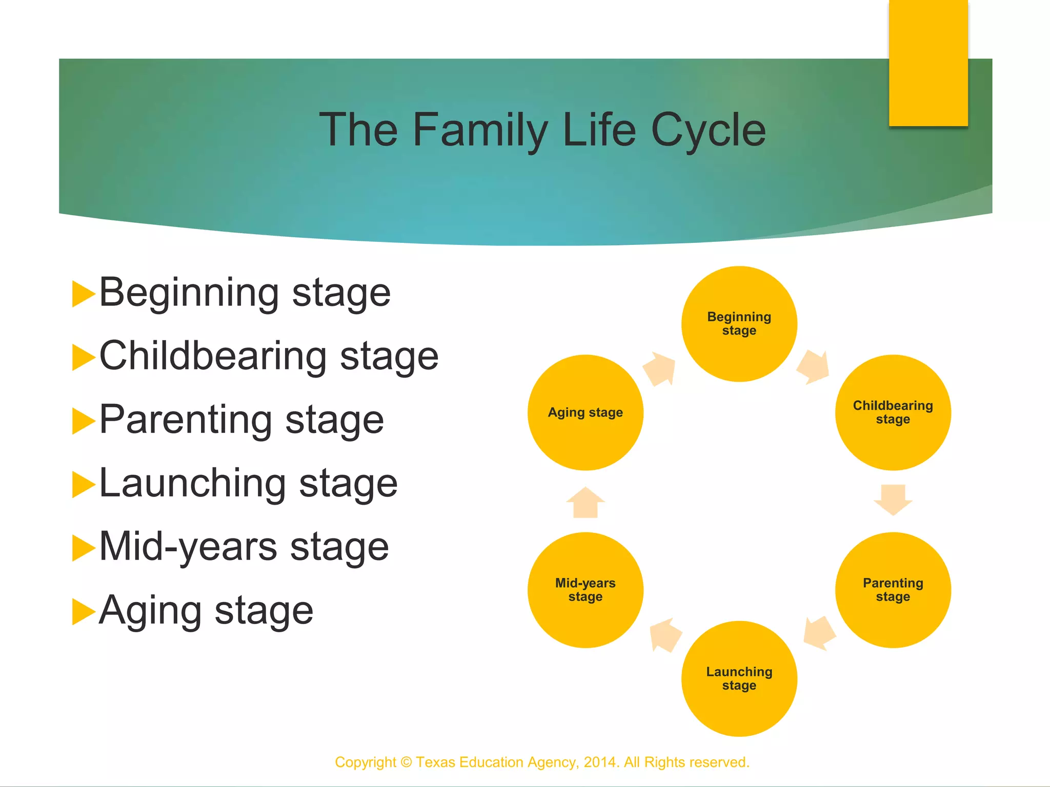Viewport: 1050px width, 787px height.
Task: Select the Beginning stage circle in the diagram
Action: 739,324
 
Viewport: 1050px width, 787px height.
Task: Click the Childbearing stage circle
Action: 893,412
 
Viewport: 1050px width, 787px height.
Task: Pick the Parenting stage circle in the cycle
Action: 893,590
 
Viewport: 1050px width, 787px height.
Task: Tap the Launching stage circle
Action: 739,678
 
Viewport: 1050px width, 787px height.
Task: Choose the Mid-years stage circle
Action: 585,590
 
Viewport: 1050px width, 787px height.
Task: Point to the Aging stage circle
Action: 585,412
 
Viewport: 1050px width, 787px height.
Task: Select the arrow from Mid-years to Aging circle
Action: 585,503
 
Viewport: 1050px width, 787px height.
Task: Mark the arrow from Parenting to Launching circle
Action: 819,633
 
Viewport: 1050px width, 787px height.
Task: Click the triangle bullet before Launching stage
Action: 83,484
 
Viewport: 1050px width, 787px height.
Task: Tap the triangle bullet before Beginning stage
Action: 83,294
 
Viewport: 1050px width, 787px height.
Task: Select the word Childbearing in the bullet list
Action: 213,356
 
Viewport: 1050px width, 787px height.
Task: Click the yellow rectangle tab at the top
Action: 928,63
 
